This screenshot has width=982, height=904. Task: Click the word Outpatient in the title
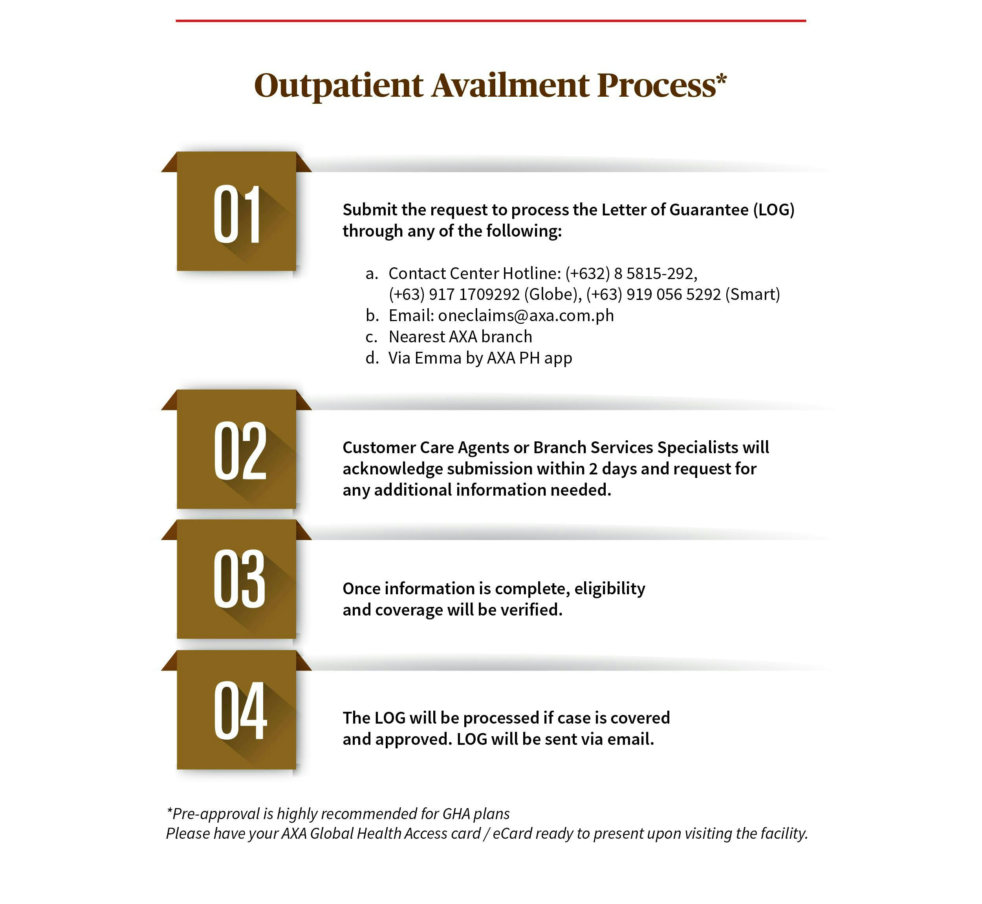pyautogui.click(x=338, y=86)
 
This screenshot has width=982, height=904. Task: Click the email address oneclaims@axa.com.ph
pyautogui.click(x=526, y=316)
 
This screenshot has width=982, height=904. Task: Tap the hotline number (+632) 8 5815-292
pyautogui.click(x=630, y=274)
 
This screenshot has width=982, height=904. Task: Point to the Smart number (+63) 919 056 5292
pyautogui.click(x=653, y=294)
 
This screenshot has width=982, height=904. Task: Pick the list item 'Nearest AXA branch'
pyautogui.click(x=460, y=337)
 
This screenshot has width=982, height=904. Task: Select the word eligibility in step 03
pyautogui.click(x=610, y=588)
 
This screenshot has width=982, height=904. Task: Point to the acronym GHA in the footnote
pyautogui.click(x=456, y=814)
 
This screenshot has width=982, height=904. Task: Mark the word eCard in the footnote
pyautogui.click(x=512, y=834)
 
